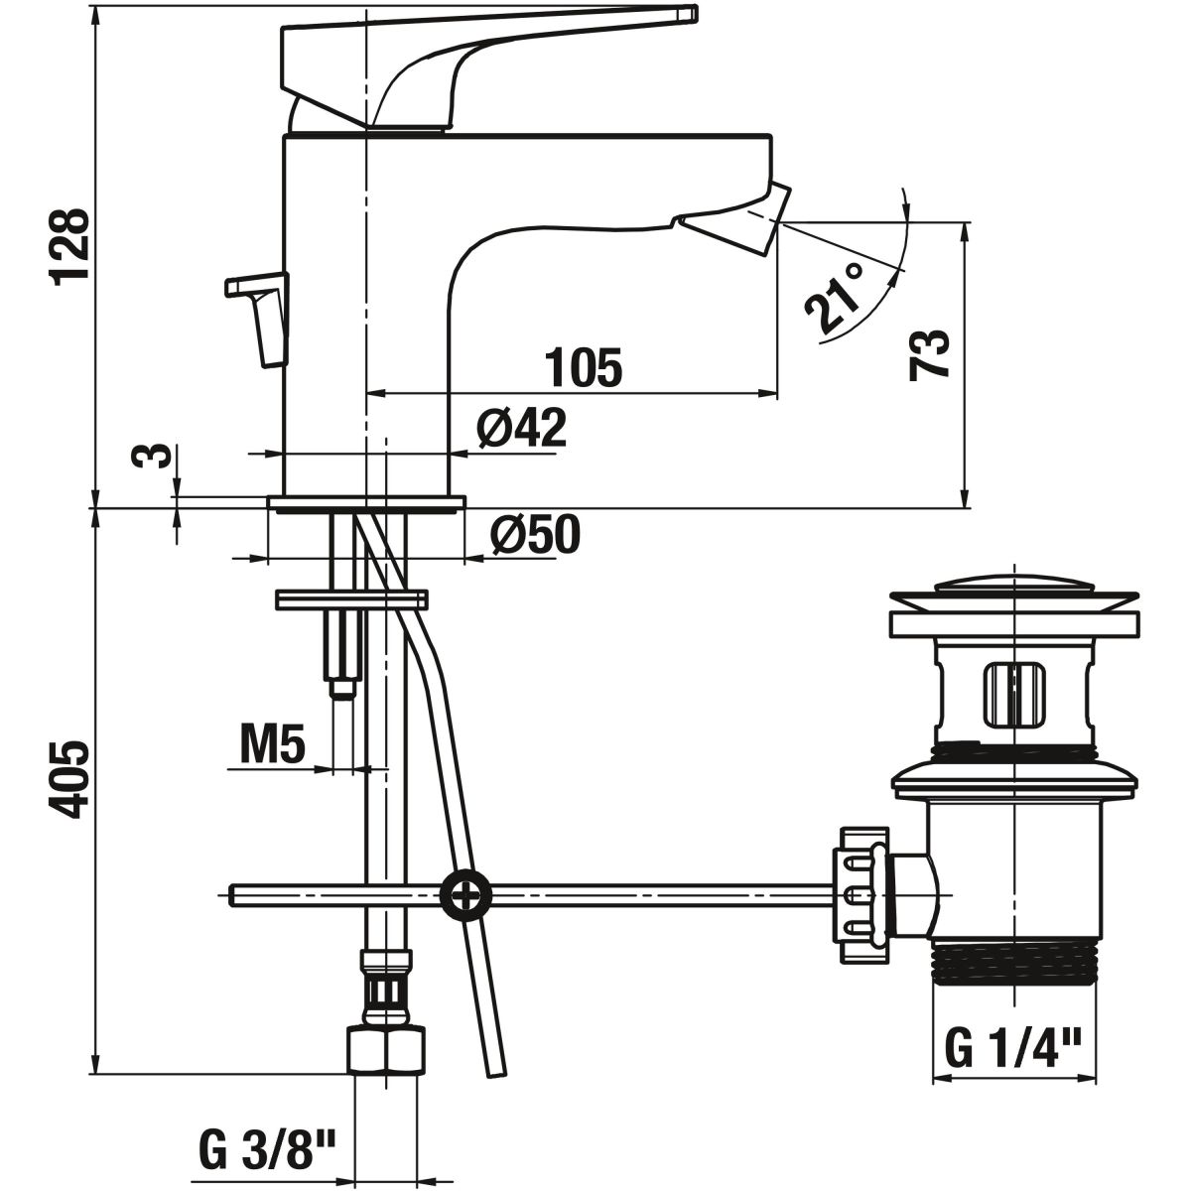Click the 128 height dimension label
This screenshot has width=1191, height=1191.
click(x=69, y=246)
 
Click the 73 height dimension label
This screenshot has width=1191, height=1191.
click(x=929, y=353)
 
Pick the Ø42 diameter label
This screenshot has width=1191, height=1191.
click(x=522, y=428)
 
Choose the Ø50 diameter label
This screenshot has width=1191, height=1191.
click(x=535, y=534)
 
